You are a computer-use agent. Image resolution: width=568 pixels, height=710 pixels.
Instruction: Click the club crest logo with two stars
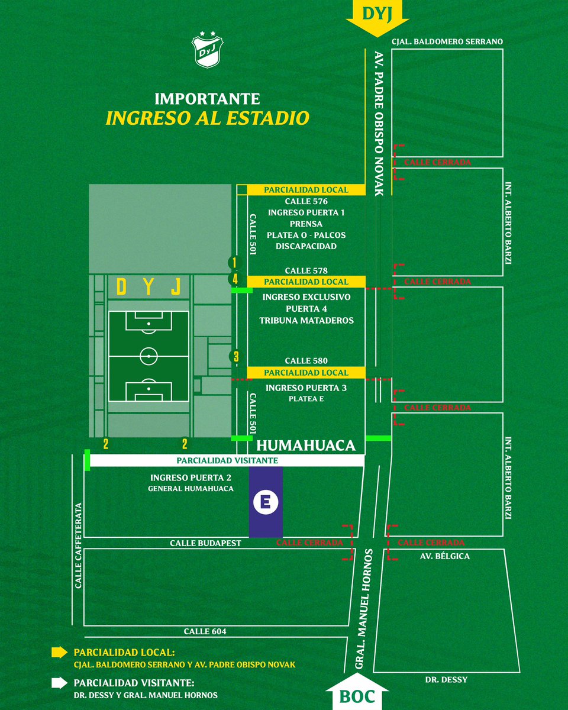click(207, 50)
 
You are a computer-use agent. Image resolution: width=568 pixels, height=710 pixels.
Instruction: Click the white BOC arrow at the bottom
click(357, 692)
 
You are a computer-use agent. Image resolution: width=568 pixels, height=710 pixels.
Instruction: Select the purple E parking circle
click(266, 502)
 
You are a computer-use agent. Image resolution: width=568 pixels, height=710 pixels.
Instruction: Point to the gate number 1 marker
click(235, 263)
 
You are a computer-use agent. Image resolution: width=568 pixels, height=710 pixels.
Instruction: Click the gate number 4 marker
click(235, 279)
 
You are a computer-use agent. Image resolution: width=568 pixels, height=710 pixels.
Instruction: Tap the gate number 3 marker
click(236, 357)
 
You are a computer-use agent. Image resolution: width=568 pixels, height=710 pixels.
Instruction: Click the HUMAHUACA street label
click(306, 446)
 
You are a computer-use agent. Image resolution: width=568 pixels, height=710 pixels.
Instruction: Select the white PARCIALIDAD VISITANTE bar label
click(227, 460)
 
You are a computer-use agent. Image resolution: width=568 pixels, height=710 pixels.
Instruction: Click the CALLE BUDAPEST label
click(205, 543)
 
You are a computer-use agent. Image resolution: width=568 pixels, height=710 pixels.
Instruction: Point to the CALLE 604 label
click(205, 631)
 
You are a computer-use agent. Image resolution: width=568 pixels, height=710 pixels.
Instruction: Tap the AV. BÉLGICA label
click(444, 556)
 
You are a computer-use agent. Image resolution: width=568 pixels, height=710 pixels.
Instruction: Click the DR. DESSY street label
click(446, 680)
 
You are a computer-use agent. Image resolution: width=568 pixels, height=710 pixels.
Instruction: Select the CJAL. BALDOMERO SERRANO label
click(447, 41)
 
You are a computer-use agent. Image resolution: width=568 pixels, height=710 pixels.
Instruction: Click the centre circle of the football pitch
click(149, 356)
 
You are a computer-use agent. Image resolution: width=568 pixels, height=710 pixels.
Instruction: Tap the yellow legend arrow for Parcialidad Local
click(59, 652)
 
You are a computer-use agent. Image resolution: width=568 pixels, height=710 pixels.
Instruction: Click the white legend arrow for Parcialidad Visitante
click(59, 683)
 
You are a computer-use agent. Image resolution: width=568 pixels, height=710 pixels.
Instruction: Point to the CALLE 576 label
click(306, 201)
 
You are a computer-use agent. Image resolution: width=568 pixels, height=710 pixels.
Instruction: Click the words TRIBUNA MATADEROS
click(306, 320)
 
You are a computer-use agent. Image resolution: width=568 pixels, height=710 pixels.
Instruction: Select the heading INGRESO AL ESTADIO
click(207, 118)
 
